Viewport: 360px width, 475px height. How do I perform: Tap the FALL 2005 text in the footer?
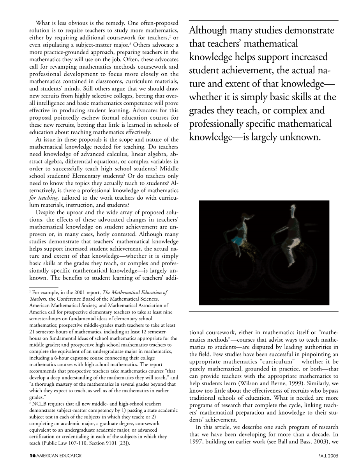328,456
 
